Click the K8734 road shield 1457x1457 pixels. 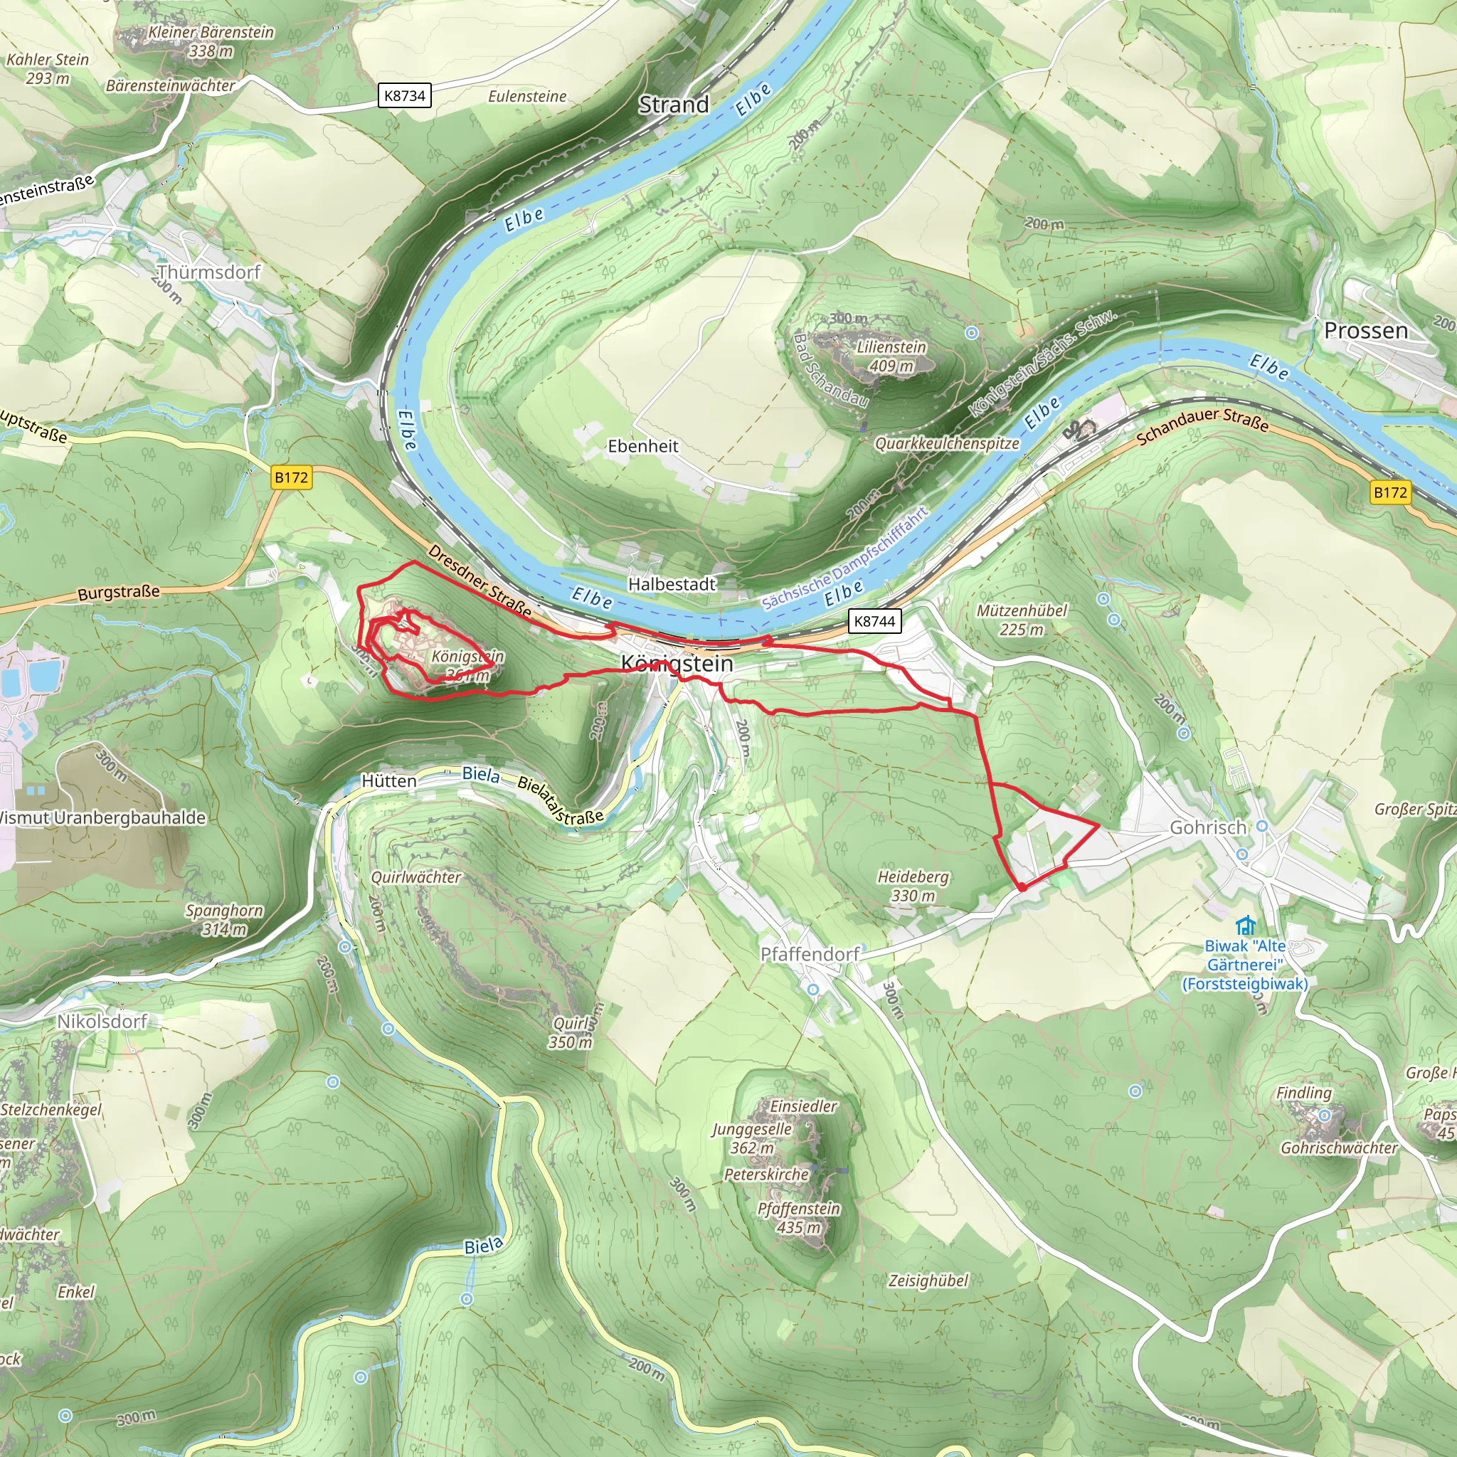[x=404, y=96]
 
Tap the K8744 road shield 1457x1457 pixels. [x=874, y=621]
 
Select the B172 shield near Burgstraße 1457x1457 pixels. [x=291, y=477]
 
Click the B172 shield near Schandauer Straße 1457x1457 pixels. [x=1390, y=492]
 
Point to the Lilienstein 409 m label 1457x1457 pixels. [x=891, y=356]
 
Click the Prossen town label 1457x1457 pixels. [x=1366, y=330]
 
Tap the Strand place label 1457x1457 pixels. [x=674, y=105]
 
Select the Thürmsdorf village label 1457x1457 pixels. [x=209, y=272]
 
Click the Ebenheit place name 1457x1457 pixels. [x=642, y=445]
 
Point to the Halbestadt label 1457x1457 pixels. [x=672, y=583]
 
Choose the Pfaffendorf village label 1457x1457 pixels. [x=809, y=954]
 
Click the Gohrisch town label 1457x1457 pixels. [x=1207, y=827]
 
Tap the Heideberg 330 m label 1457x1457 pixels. [x=913, y=886]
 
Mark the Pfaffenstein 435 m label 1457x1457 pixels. [x=799, y=1217]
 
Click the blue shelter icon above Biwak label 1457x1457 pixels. [x=1245, y=925]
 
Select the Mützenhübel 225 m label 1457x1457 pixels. [x=1022, y=619]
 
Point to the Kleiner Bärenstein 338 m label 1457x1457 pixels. [x=211, y=41]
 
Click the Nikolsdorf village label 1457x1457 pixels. [x=102, y=1021]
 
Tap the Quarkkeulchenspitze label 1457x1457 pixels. [x=947, y=443]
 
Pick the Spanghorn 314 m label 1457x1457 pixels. [x=224, y=919]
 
